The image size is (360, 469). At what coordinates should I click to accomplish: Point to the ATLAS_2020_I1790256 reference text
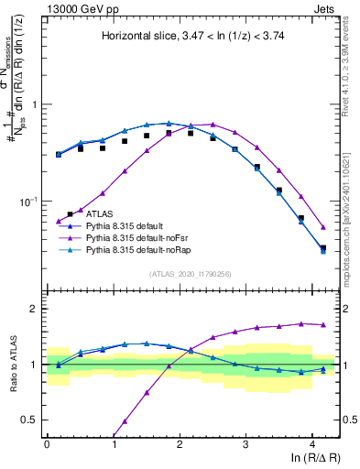(191, 273)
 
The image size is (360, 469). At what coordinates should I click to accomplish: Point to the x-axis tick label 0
(47, 443)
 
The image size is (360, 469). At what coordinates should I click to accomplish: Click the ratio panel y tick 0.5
(29, 420)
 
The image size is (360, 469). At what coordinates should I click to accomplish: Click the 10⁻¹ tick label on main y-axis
(27, 201)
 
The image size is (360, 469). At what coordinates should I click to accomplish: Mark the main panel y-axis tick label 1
(35, 104)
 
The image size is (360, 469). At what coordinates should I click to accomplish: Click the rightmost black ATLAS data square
(322, 248)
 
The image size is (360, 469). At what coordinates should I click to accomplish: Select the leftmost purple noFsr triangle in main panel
(59, 222)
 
